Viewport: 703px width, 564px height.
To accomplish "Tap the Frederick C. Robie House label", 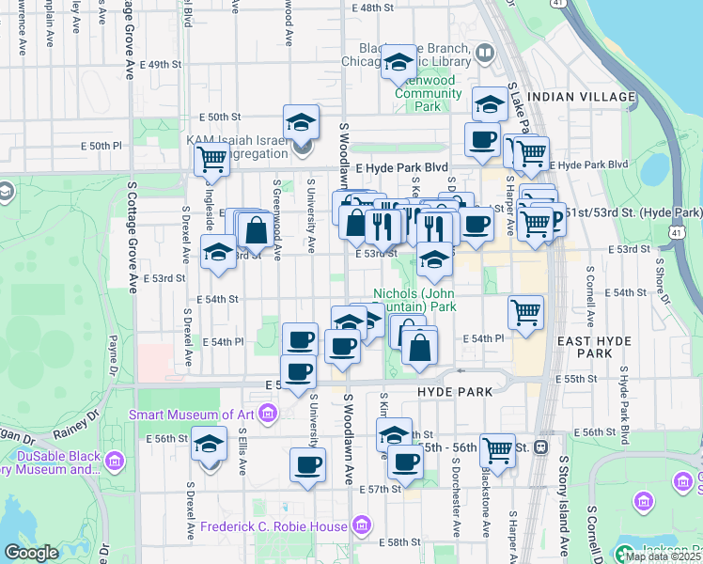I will pyautogui.click(x=278, y=526).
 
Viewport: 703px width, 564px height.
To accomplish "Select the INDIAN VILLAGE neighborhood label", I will pyautogui.click(x=570, y=97).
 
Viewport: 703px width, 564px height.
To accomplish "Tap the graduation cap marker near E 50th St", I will pyautogui.click(x=301, y=122).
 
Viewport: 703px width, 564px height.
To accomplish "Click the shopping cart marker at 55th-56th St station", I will pyautogui.click(x=496, y=450).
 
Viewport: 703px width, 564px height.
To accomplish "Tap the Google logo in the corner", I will pyautogui.click(x=31, y=553).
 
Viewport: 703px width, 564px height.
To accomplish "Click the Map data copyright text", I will pyautogui.click(x=664, y=556).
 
